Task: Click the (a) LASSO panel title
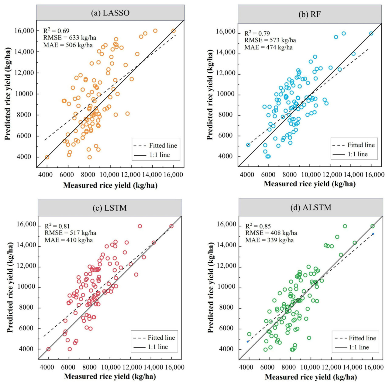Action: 110,13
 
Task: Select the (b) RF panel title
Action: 309,14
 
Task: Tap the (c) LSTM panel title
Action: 110,208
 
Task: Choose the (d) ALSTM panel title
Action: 311,208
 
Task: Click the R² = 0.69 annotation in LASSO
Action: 56,31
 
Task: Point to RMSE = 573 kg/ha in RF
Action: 270,40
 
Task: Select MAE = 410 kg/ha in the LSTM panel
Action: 69,240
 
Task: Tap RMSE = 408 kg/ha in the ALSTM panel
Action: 271,233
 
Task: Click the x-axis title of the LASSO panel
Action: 110,185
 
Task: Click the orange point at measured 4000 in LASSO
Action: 47,157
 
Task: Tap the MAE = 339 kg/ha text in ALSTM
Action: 269,240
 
